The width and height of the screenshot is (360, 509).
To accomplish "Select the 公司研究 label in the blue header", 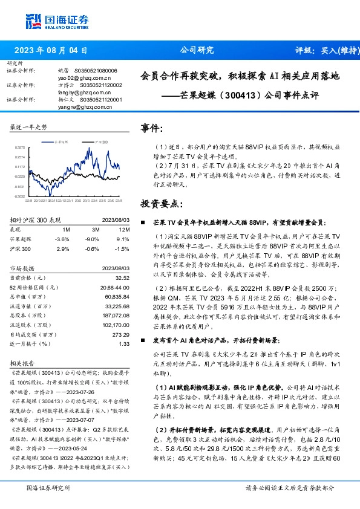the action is pyautogui.click(x=197, y=50).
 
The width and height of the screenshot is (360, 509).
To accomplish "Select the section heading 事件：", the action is pyautogui.click(x=152, y=129).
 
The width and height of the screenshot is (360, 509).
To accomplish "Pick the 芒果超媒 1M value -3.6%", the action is pyautogui.click(x=62, y=239).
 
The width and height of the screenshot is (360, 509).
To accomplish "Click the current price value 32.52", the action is pyautogui.click(x=122, y=277).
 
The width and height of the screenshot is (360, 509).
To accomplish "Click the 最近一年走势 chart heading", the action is pyautogui.click(x=28, y=128).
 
